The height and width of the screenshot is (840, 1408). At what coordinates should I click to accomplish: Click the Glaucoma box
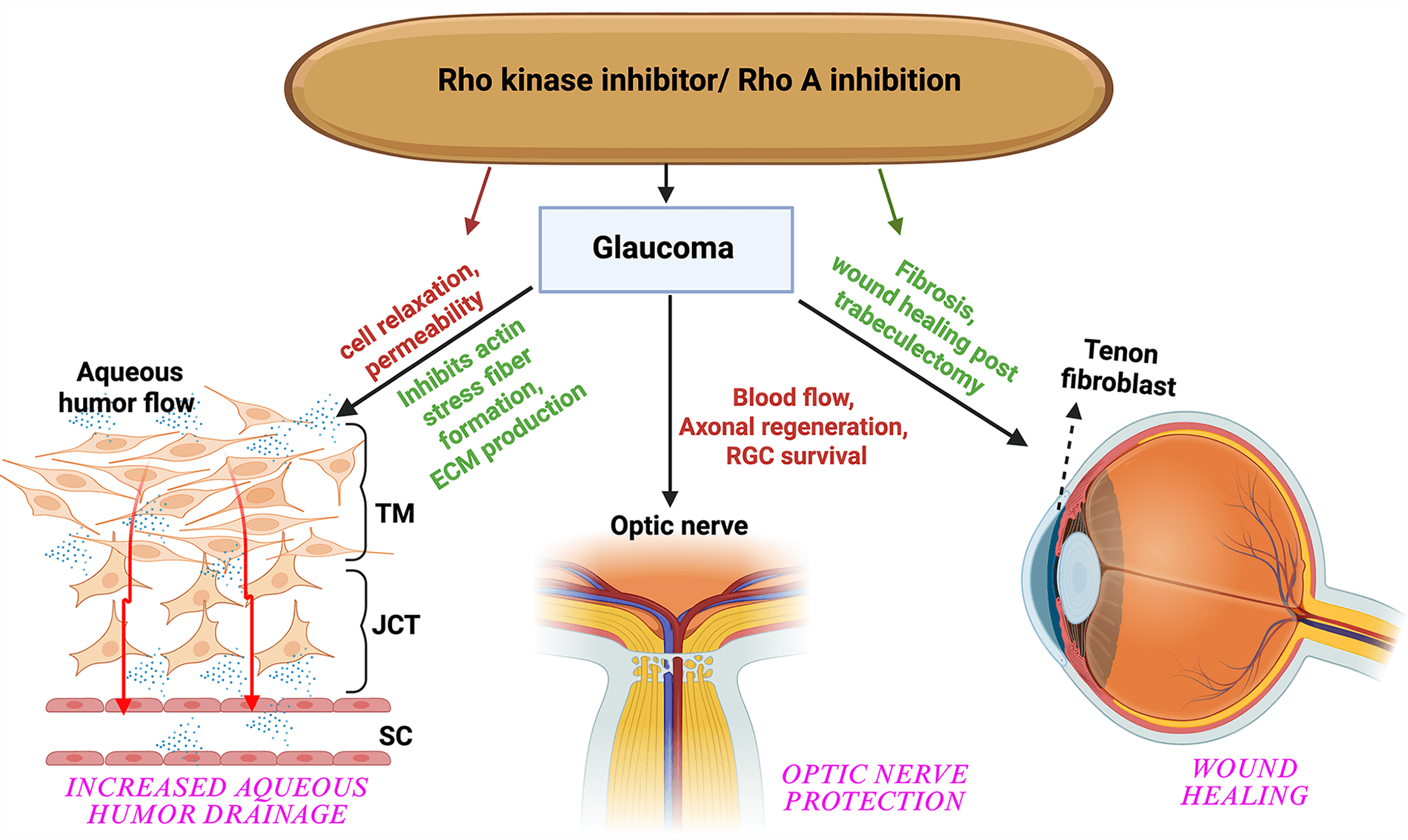point(665,249)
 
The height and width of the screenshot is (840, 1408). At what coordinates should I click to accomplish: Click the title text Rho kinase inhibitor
point(577,80)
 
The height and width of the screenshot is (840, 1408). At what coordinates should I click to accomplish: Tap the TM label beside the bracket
point(394,513)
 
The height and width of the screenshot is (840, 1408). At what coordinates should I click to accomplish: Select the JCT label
point(396,625)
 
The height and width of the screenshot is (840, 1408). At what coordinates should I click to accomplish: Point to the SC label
point(395,736)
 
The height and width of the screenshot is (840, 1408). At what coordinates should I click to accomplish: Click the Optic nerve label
point(679,526)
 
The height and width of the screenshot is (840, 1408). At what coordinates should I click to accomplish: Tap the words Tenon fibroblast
point(1119,367)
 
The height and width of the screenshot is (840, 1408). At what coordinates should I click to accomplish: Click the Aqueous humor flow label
point(127,387)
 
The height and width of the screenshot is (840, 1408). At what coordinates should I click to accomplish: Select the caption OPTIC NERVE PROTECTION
point(874,787)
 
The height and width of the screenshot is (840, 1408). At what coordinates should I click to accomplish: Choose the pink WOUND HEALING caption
point(1244,782)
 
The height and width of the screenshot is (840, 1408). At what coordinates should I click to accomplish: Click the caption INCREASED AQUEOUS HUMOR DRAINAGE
point(216,800)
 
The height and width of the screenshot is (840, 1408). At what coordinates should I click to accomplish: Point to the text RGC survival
point(796,456)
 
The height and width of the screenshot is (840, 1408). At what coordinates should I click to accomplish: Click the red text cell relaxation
point(408,310)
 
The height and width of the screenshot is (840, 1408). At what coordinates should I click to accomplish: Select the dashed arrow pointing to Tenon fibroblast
point(1068,456)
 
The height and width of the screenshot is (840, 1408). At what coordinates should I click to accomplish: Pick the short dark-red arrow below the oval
point(479,201)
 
